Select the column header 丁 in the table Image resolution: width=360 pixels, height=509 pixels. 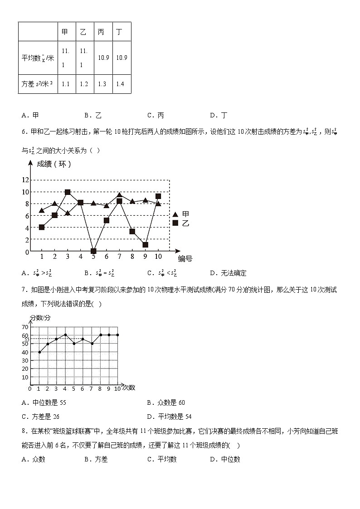point(119,32)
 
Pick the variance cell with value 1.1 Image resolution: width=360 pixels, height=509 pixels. point(65,84)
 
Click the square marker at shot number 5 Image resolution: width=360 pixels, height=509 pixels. point(93,251)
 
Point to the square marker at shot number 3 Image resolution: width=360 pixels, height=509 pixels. point(68,192)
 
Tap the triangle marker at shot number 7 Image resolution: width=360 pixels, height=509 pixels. point(119,195)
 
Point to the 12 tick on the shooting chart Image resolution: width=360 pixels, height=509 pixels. point(25,180)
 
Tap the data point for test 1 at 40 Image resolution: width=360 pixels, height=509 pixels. point(39,352)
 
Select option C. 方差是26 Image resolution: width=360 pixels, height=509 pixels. point(40,417)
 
